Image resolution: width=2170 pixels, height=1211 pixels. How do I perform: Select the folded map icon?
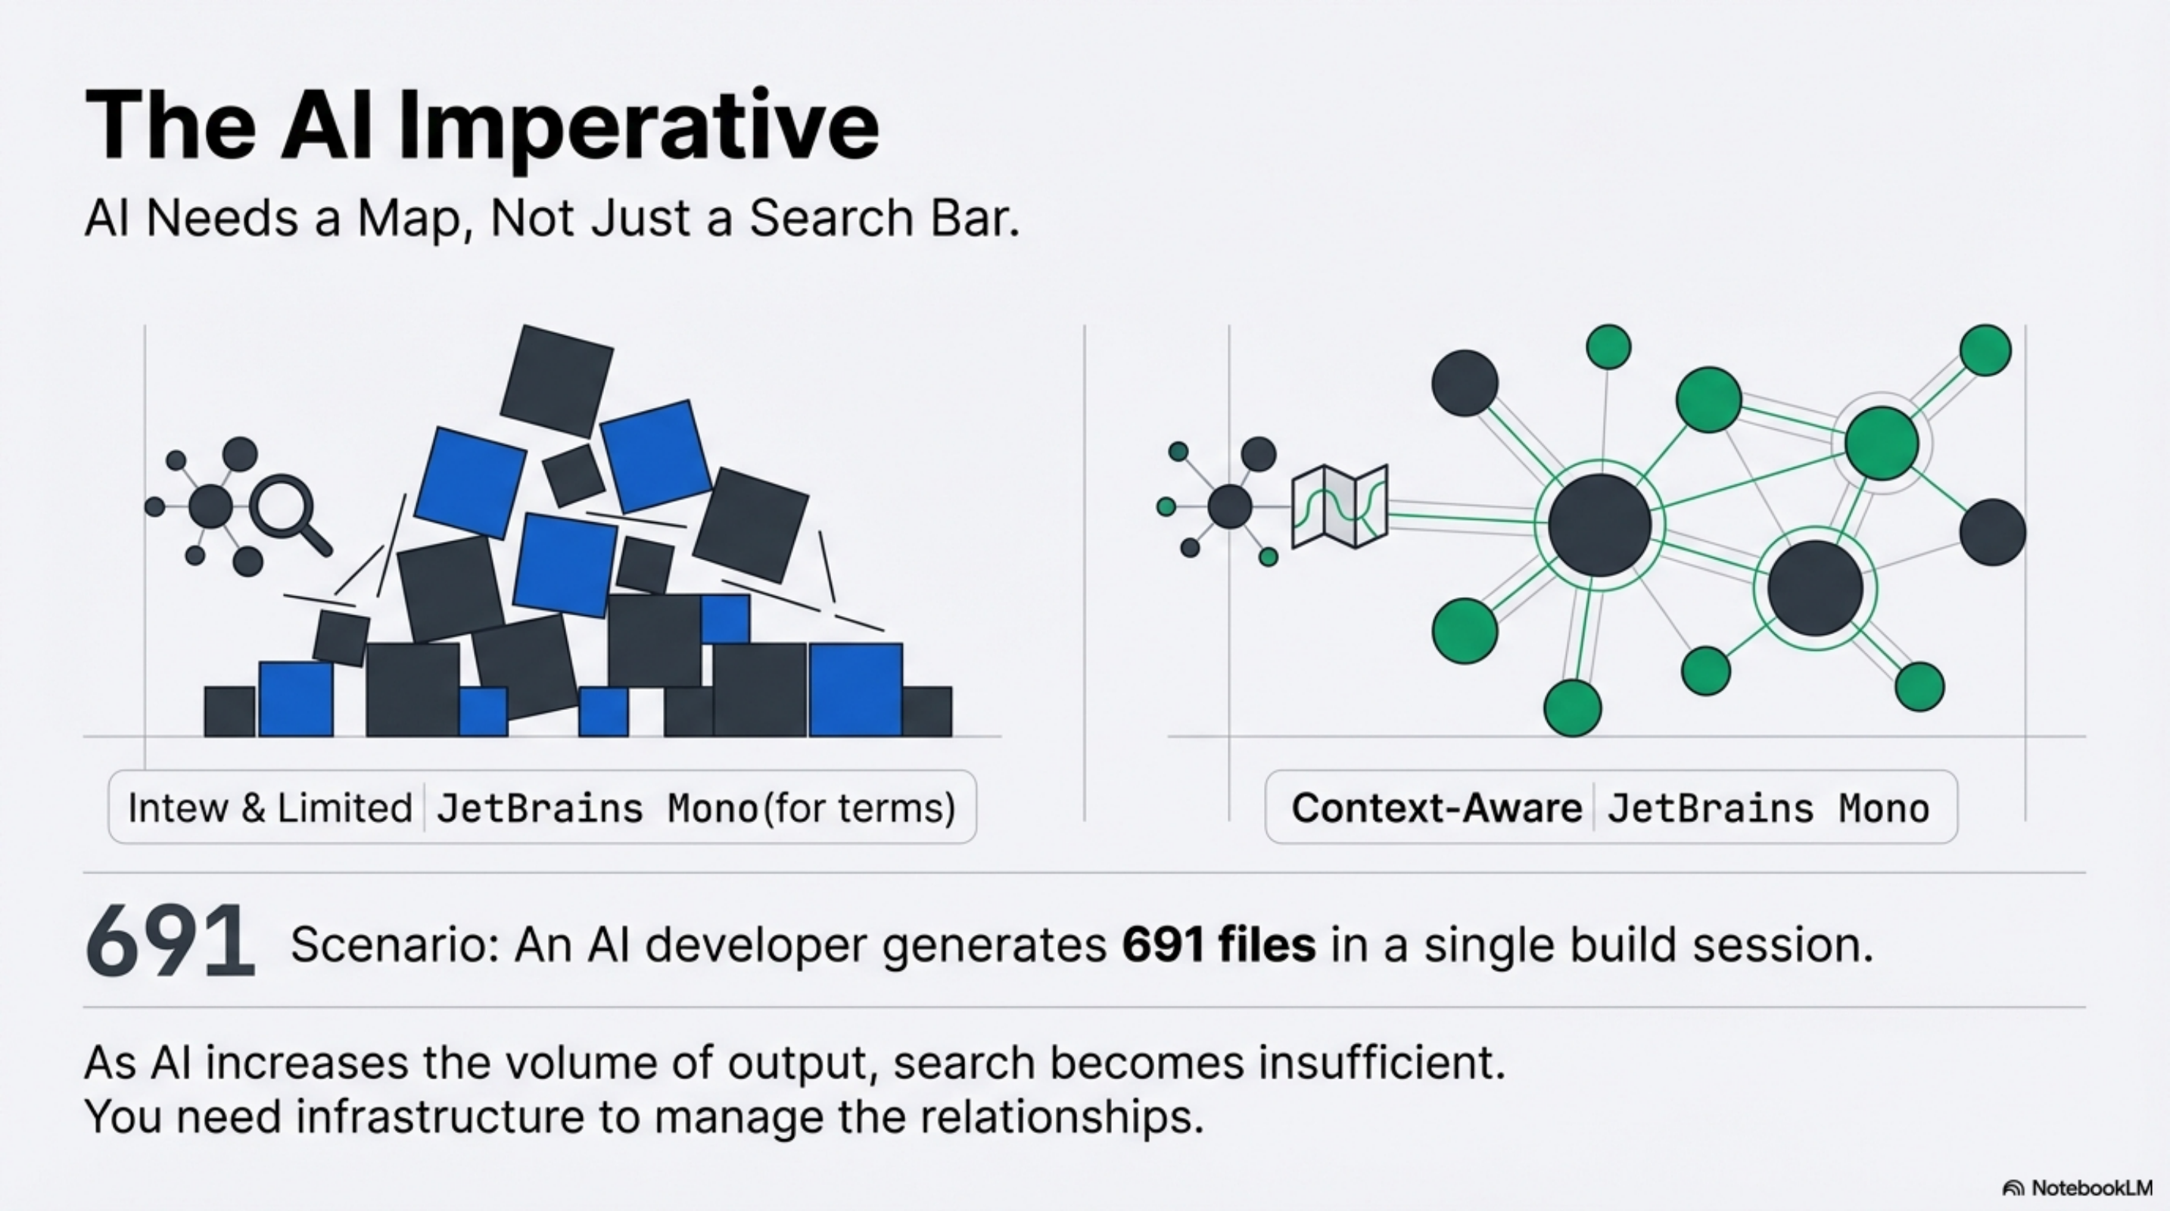coord(1340,506)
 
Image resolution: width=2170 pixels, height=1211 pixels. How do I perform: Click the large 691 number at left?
coord(170,942)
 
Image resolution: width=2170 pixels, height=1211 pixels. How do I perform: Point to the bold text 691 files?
coord(1218,945)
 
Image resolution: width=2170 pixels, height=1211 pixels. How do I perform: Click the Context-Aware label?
coord(1437,808)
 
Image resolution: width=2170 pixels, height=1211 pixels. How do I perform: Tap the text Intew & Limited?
coord(269,808)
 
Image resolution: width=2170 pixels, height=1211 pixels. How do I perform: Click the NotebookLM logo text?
coord(2091,1188)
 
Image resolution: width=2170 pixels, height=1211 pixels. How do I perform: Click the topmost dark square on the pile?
coord(556,381)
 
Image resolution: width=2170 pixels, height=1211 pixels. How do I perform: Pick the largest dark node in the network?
coord(1599,525)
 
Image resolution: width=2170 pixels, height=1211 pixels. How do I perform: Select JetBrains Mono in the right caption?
coord(1767,808)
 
